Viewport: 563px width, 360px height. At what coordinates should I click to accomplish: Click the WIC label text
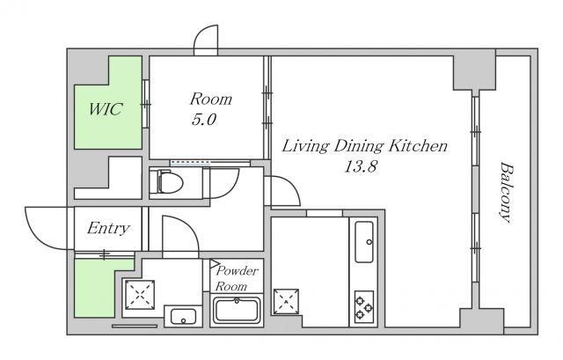[106, 109]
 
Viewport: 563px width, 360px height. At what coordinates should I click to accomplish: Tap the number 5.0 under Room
[204, 120]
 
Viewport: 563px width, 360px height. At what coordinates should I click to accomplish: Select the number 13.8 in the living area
[361, 166]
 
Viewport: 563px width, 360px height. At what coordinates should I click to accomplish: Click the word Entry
[108, 229]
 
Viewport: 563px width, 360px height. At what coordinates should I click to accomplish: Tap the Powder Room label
[237, 278]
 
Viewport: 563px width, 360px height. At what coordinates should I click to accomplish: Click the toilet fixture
[166, 182]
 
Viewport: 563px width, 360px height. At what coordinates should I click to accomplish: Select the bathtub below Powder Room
[237, 310]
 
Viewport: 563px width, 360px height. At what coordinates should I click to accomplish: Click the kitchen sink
[364, 241]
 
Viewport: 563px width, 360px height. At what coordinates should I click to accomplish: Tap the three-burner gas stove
[364, 307]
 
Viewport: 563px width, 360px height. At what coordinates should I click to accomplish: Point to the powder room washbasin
[183, 317]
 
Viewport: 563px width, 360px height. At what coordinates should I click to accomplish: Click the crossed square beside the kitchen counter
[286, 301]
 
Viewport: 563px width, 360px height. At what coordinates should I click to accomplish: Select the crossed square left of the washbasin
[140, 295]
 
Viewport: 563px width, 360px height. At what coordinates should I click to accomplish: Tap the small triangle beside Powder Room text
[214, 264]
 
